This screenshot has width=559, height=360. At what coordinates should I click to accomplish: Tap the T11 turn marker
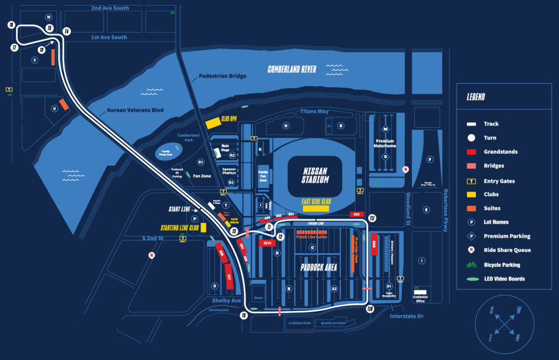click(372, 218)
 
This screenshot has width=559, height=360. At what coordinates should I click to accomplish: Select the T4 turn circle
click(66, 31)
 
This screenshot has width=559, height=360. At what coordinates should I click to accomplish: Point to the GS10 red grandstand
click(268, 243)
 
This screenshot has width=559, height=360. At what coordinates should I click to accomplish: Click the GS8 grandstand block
click(374, 244)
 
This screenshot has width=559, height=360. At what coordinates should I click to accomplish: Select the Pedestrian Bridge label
click(222, 76)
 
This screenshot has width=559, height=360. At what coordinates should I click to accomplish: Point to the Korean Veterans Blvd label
click(134, 110)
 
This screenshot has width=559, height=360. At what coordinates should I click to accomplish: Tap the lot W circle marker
click(48, 17)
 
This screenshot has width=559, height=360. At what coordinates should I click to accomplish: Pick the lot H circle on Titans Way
click(286, 125)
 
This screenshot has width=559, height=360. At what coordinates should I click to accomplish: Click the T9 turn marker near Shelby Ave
click(244, 316)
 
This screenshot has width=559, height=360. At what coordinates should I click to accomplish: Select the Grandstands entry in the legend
click(500, 151)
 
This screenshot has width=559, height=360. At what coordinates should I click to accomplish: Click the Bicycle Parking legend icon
click(471, 264)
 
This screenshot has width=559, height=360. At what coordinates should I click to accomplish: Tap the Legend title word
click(476, 97)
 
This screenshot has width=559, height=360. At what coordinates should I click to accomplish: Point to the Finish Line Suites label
click(311, 236)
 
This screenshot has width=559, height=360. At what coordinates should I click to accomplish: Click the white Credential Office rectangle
click(421, 291)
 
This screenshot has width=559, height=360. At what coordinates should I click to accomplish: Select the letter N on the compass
click(517, 338)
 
